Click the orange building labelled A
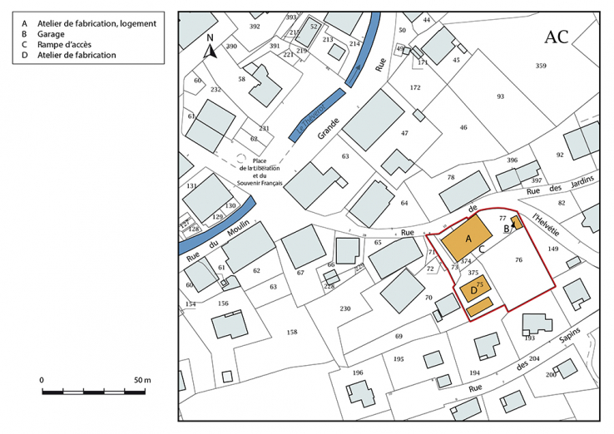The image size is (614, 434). [x=466, y=239]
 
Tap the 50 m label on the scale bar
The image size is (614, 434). [x=142, y=380]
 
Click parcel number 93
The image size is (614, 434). [x=500, y=96]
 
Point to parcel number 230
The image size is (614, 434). [x=345, y=308]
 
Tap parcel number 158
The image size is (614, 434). [x=292, y=332]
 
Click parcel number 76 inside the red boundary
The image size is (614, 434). [x=518, y=261]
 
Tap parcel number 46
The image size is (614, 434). [x=463, y=127]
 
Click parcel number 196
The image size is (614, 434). [x=358, y=372]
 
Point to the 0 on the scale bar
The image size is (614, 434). [x=42, y=380]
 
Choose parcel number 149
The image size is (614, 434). [x=553, y=249]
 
